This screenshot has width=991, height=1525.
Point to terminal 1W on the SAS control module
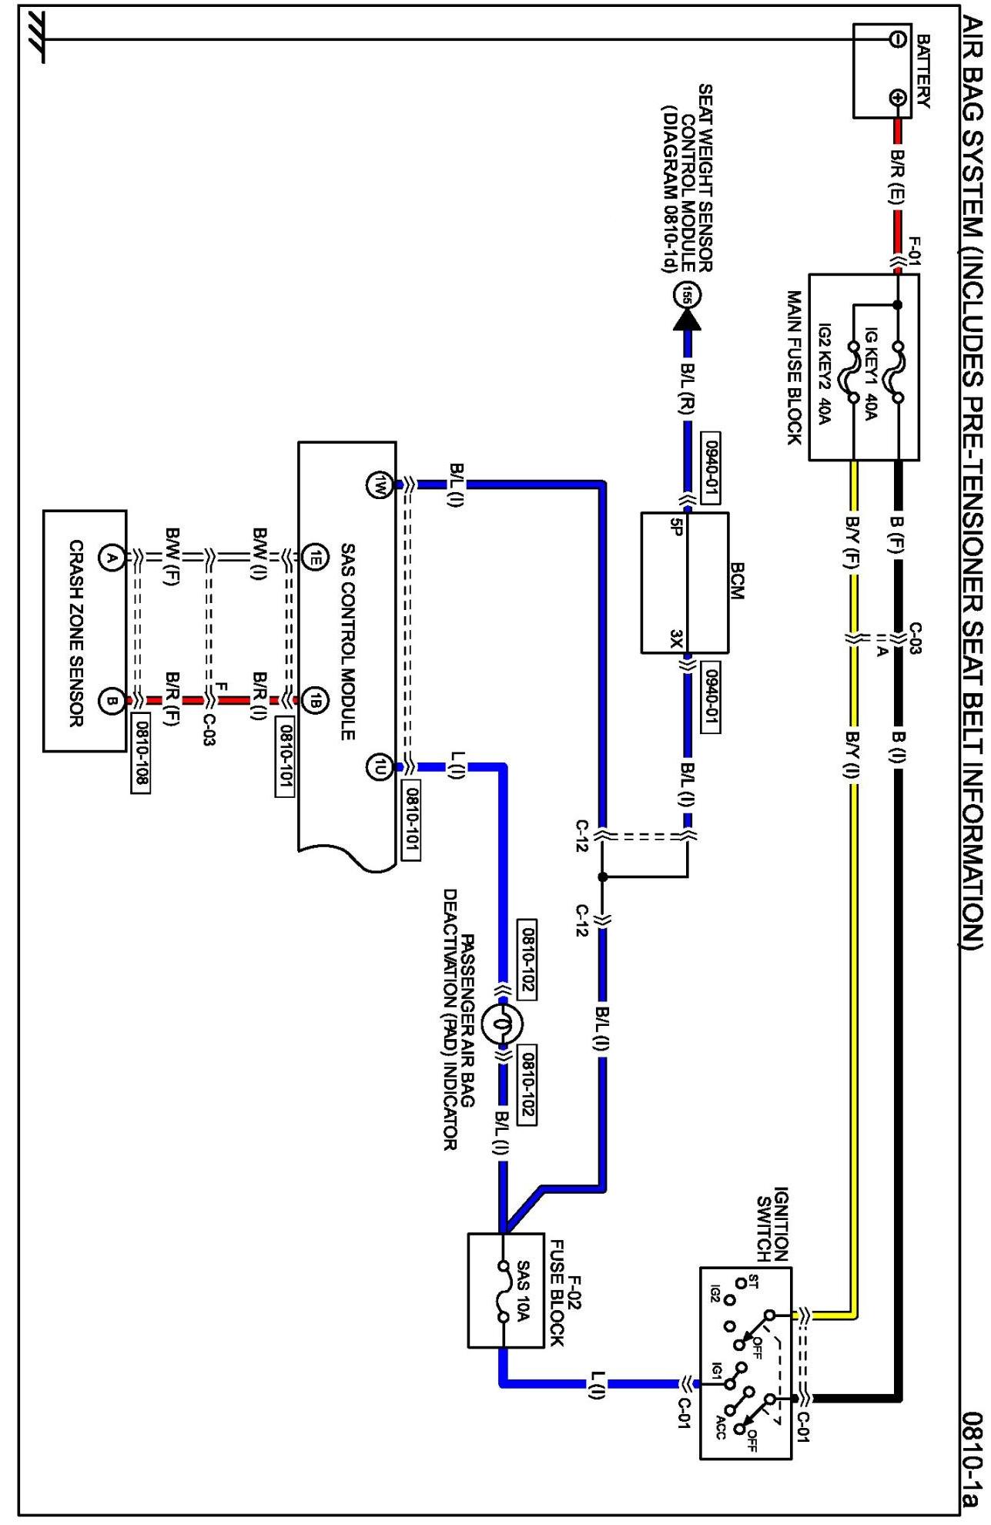click(380, 485)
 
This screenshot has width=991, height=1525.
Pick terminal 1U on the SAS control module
click(380, 766)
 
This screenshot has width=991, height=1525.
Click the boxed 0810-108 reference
click(141, 755)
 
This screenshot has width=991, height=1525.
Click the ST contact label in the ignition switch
click(752, 1282)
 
